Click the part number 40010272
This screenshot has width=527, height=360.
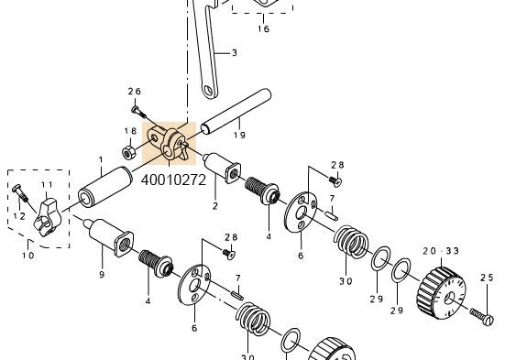pos(173,180)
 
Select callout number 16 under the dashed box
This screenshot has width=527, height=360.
pos(263,29)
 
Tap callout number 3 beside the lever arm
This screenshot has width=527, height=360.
pos(234,53)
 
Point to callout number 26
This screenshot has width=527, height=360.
pos(135,92)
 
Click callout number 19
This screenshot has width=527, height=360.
pos(239,135)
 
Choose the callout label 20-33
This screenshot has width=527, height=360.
pos(441,252)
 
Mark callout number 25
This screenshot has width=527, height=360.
pos(487,278)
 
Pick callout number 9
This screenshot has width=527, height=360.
pos(102,274)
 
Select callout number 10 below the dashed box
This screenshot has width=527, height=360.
pos(28,256)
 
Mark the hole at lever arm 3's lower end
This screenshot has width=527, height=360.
pos(211,90)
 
